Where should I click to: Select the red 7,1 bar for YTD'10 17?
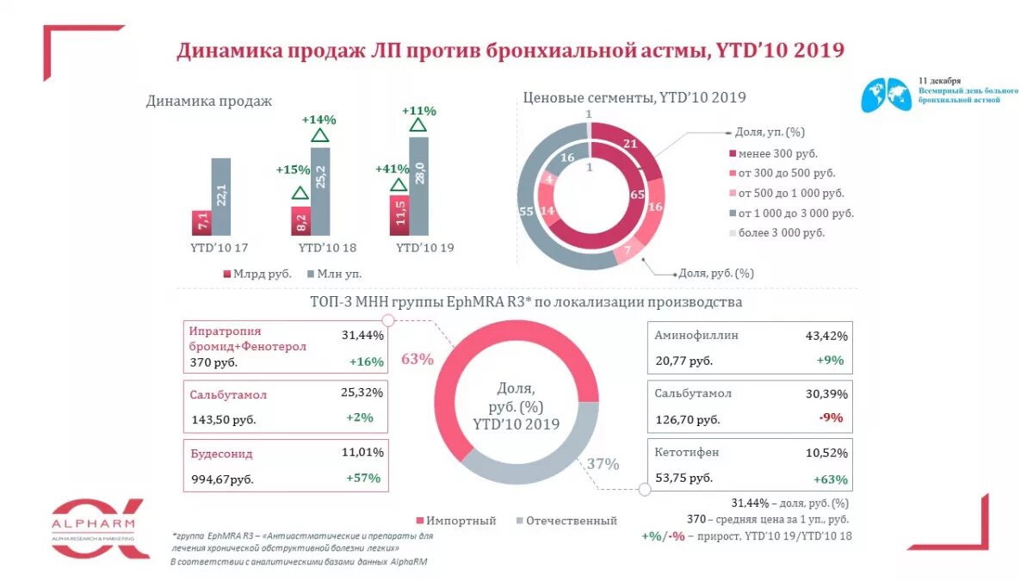point(201,222)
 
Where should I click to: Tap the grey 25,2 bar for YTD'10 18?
point(319,191)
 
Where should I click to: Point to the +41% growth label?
point(393,169)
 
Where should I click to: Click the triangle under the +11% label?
point(418,126)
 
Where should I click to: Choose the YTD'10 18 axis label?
point(327,248)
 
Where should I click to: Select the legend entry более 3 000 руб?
point(777,232)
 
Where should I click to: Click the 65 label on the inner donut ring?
point(637,195)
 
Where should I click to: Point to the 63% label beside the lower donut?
point(417,359)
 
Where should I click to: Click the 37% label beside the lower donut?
point(603,464)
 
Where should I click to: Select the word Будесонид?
point(221,454)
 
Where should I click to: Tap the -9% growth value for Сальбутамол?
point(831,418)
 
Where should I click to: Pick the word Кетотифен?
point(686,452)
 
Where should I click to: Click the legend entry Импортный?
point(456,521)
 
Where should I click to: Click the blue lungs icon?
point(887,94)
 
